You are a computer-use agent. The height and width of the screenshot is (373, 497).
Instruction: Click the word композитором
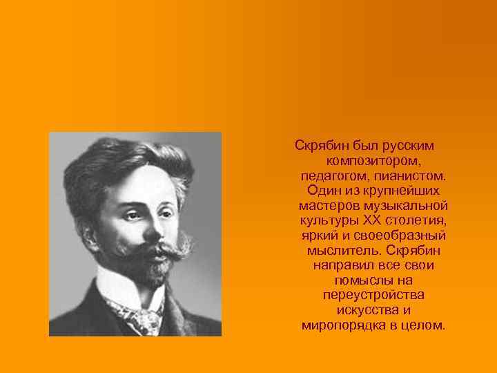373,160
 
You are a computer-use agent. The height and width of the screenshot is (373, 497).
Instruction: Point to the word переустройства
373,295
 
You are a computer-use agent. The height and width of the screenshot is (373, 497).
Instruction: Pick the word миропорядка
341,325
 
